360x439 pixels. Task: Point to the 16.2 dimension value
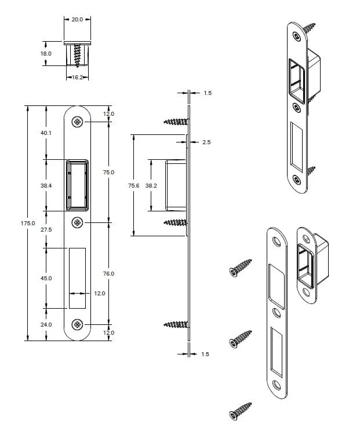77,76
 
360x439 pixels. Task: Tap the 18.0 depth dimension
46,53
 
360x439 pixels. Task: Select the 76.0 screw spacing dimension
108,273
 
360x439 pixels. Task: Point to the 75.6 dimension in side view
134,185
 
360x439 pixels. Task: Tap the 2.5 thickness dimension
206,142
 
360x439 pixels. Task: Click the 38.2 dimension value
151,185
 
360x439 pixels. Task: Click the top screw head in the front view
77,121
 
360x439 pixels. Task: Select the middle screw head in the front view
77,223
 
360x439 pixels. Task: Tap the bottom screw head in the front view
77,324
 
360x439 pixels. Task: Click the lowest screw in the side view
176,324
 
